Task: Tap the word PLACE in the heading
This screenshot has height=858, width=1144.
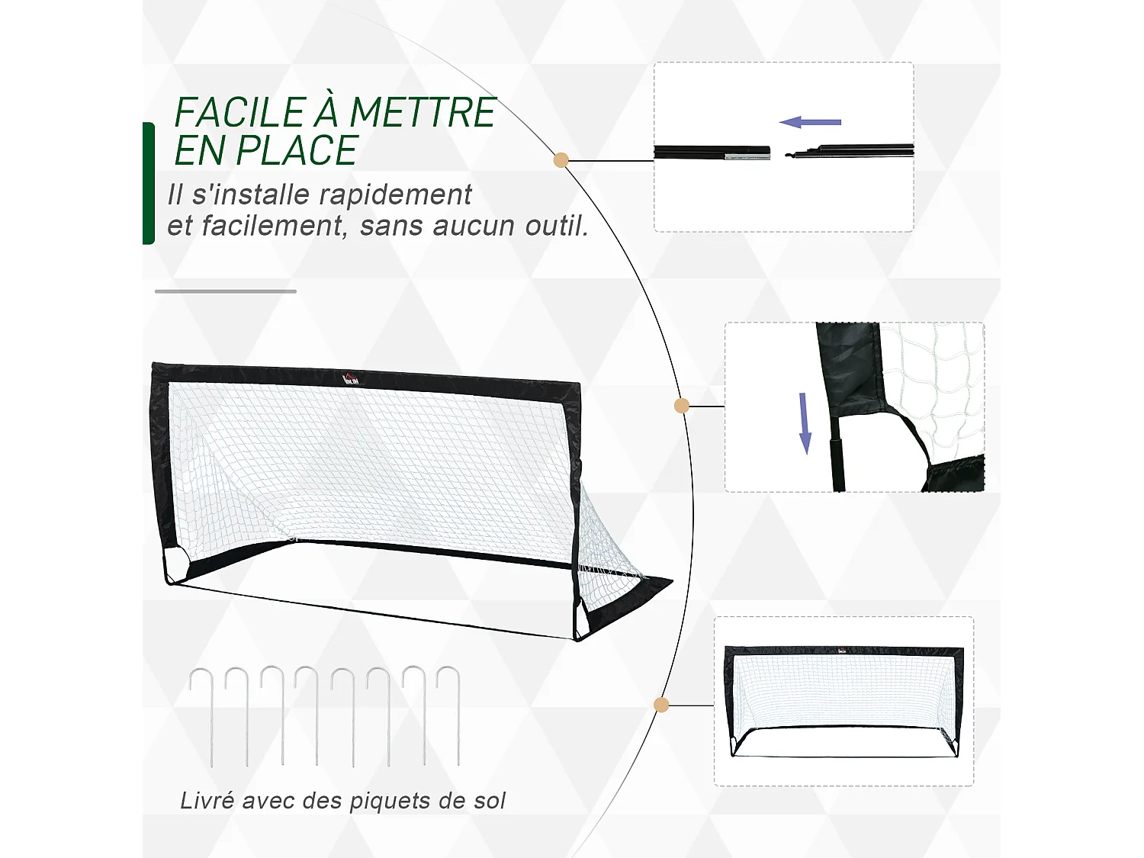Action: click(297, 151)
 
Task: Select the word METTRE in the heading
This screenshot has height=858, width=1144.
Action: click(423, 113)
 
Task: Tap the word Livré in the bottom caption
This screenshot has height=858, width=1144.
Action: click(207, 801)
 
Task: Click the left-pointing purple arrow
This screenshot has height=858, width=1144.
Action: click(810, 122)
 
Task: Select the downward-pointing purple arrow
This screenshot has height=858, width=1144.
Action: click(805, 423)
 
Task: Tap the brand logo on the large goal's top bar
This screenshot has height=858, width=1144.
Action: click(351, 377)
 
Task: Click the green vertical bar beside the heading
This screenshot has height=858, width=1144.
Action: click(149, 183)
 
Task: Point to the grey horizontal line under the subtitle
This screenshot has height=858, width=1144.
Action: click(226, 291)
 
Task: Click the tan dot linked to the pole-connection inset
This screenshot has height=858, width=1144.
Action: click(561, 160)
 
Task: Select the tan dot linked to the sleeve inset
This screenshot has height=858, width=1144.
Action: click(682, 406)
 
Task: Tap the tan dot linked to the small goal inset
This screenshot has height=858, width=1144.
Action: click(661, 705)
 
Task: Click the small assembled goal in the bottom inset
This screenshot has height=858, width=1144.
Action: click(844, 702)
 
